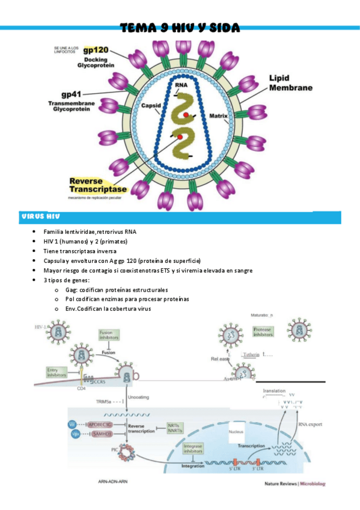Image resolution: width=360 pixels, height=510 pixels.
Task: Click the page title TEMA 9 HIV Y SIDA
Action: (180, 28)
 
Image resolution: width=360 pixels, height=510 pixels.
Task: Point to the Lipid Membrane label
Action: (290, 83)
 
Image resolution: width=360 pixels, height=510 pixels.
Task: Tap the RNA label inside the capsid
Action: (181, 85)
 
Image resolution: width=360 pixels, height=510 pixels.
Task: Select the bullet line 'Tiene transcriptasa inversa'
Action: (80, 251)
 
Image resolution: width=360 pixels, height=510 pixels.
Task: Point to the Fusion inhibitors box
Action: (111, 336)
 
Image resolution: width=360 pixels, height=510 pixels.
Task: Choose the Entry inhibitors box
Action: (56, 372)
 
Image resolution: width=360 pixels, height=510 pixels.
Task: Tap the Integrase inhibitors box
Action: (193, 449)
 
